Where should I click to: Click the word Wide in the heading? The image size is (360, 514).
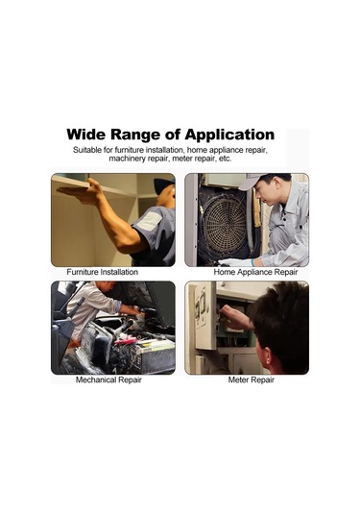pos(85,135)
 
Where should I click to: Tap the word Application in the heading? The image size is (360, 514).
pos(229,135)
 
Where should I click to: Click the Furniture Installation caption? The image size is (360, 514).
pos(102,272)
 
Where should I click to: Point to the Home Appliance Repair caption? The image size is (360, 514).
pos(255,273)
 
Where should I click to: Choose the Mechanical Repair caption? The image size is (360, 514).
pos(108,379)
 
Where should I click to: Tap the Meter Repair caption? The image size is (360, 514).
pos(251,379)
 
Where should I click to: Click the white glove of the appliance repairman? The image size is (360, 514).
pos(235,262)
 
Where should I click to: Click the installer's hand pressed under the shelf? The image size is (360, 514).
pos(80,192)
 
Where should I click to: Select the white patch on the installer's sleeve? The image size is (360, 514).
pos(150,221)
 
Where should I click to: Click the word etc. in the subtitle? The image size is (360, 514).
pos(225,159)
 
